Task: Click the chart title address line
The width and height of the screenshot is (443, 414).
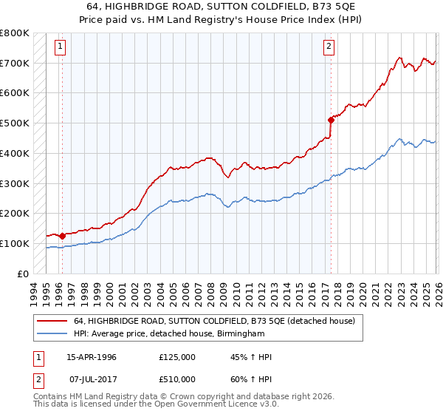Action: click(221, 6)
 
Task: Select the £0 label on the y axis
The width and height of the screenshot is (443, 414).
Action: click(24, 274)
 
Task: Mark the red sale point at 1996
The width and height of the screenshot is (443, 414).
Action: click(62, 236)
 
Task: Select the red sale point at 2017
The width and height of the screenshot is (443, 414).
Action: click(330, 120)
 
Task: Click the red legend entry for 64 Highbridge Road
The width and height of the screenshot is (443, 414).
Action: click(214, 321)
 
